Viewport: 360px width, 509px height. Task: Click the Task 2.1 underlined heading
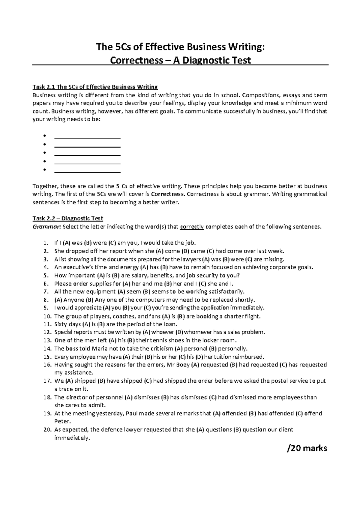pyautogui.click(x=95, y=87)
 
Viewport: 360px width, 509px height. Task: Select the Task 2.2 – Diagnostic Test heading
pyautogui.click(x=67, y=218)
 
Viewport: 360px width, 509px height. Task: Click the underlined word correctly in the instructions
pyautogui.click(x=192, y=227)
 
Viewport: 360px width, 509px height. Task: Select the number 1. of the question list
pyautogui.click(x=45, y=243)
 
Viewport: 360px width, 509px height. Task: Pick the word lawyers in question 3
pyautogui.click(x=192, y=259)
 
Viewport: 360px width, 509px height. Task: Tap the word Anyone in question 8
pyautogui.click(x=73, y=300)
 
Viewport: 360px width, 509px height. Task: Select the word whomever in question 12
pyautogui.click(x=198, y=332)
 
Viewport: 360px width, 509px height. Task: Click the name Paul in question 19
pyautogui.click(x=132, y=414)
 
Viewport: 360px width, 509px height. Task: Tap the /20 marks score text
pyautogui.click(x=307, y=448)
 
